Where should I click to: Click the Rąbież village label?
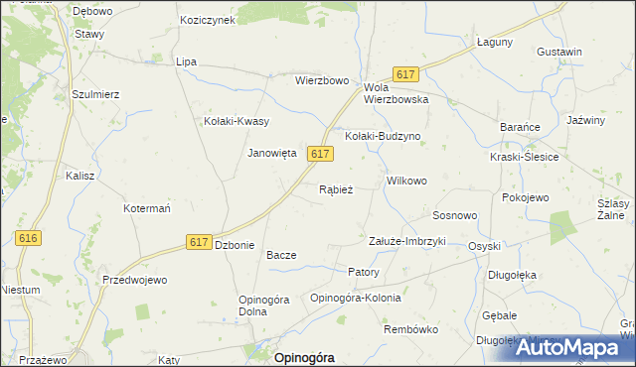pos(335,189)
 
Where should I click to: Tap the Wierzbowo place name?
pos(321,80)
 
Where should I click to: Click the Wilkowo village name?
pos(406,182)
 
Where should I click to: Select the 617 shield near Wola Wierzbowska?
pos(404,74)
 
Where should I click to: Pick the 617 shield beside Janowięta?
pos(319,154)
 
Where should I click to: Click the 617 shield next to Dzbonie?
pos(198,242)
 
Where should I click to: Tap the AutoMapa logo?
pos(571,348)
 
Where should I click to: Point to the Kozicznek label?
pos(207,20)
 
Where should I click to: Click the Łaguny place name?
pos(494,42)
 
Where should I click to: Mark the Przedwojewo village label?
pos(134,280)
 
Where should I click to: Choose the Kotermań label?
pos(148,209)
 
